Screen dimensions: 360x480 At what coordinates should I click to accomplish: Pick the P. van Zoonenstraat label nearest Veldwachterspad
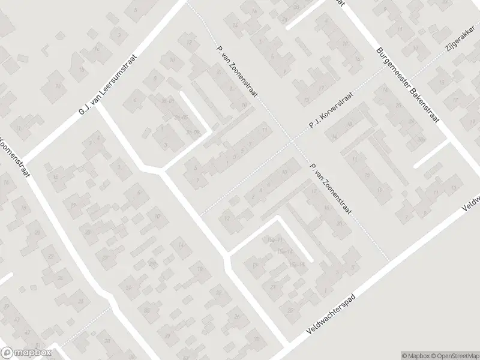coord(328,188)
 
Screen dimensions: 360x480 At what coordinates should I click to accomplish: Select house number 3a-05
coord(181,117)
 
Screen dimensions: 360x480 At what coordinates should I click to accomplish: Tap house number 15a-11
coord(276,240)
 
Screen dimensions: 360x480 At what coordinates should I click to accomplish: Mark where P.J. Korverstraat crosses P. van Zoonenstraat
coord(292,142)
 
